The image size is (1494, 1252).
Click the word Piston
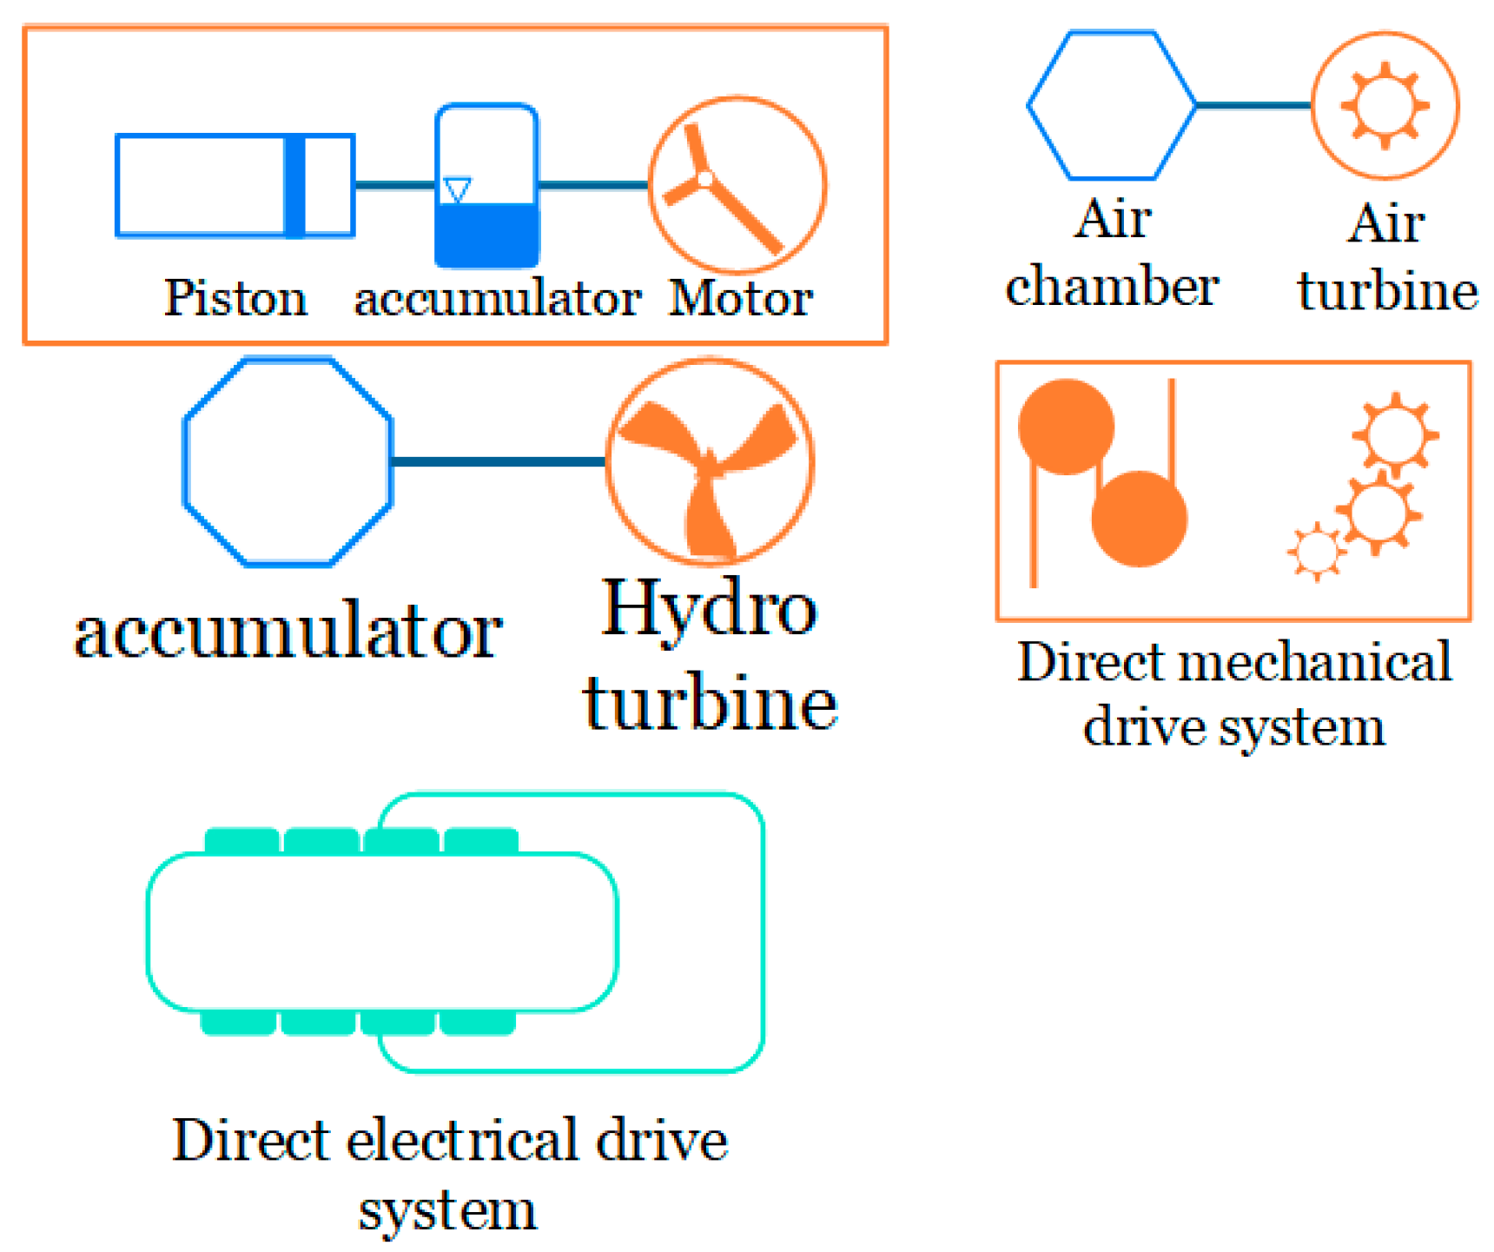pyautogui.click(x=235, y=298)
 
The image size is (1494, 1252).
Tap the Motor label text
pyautogui.click(x=740, y=298)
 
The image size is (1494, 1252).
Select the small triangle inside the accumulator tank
pyautogui.click(x=457, y=189)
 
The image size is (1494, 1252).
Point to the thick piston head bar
pyautogui.click(x=295, y=185)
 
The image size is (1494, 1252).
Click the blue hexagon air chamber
pyautogui.click(x=1112, y=105)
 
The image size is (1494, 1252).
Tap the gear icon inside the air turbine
pyautogui.click(x=1385, y=105)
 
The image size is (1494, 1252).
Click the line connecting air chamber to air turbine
pyautogui.click(x=1253, y=105)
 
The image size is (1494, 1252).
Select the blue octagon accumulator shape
pyautogui.click(x=288, y=462)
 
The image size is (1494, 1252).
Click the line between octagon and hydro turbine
pyautogui.click(x=498, y=461)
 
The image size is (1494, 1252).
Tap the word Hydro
pyautogui.click(x=709, y=611)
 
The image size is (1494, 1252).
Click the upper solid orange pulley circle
pyautogui.click(x=1066, y=427)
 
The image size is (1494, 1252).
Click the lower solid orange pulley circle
pyautogui.click(x=1139, y=519)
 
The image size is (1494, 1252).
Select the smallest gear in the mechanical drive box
pyautogui.click(x=1317, y=551)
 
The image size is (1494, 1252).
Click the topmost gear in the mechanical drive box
pyautogui.click(x=1395, y=434)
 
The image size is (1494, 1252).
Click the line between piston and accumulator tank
pyautogui.click(x=395, y=185)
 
